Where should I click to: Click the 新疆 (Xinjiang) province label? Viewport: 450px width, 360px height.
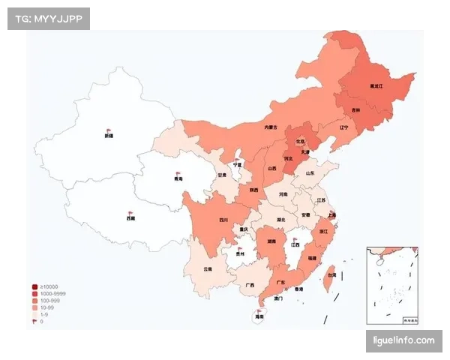109,136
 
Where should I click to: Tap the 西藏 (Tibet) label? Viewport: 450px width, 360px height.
131,218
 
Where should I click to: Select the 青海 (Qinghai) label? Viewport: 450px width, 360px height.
178,180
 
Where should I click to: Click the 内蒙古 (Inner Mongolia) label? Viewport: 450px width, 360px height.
271,127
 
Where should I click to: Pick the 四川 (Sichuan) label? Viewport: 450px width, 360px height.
223,220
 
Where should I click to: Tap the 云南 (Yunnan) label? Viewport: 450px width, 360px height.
208,268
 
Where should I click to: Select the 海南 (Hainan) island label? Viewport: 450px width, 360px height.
259,317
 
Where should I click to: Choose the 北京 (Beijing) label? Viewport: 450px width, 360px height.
301,140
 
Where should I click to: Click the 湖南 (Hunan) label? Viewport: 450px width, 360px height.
269,242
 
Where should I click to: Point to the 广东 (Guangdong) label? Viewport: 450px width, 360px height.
280,282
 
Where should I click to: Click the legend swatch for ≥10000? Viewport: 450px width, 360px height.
34,287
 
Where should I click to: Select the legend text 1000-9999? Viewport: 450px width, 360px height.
52,294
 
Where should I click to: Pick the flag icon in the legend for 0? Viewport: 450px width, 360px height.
34,321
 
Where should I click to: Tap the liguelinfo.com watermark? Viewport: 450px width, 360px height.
404,341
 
